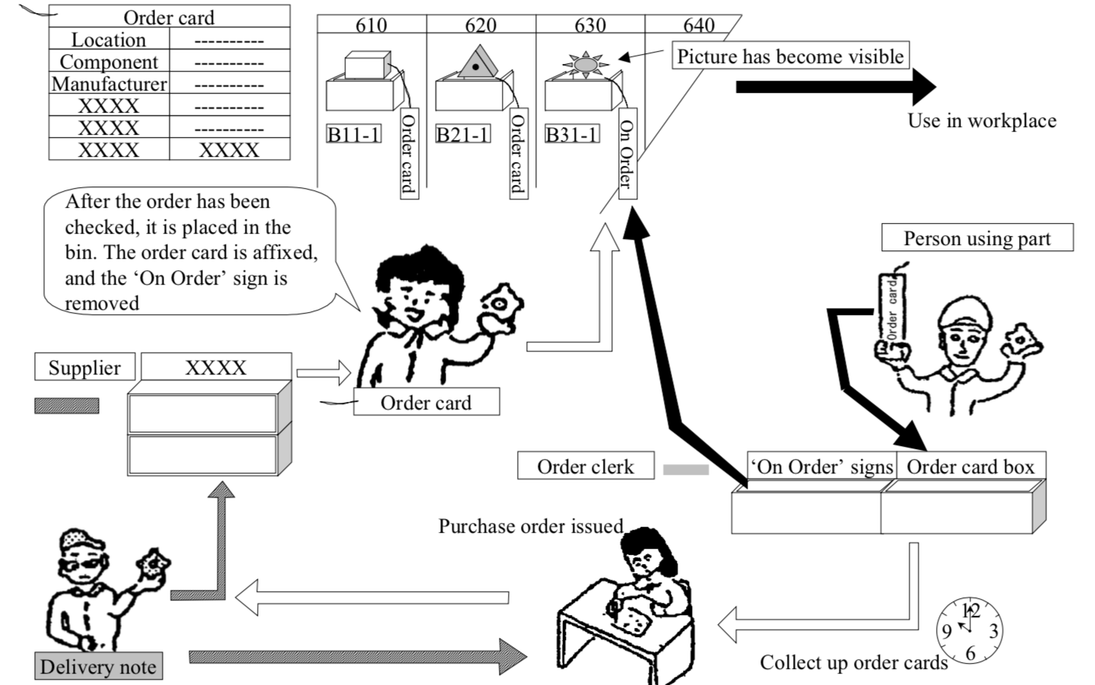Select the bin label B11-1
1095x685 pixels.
tap(354, 135)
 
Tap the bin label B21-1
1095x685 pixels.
tap(462, 135)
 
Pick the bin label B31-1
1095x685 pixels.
tap(572, 135)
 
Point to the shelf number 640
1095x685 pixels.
tap(698, 25)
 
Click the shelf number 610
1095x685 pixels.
tap(371, 25)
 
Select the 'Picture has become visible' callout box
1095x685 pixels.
tap(790, 56)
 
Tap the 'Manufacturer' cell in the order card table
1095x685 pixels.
tap(109, 84)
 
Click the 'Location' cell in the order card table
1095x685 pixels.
tap(109, 40)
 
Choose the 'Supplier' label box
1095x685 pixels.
tap(84, 368)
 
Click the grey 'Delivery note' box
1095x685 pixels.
tap(98, 667)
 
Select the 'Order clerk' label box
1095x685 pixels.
tap(585, 467)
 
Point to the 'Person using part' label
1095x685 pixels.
tap(976, 238)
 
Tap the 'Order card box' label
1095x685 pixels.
tap(970, 467)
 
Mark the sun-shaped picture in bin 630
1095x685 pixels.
tap(585, 64)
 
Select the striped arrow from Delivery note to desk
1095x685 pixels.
tap(357, 656)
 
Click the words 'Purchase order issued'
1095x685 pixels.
tap(530, 526)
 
